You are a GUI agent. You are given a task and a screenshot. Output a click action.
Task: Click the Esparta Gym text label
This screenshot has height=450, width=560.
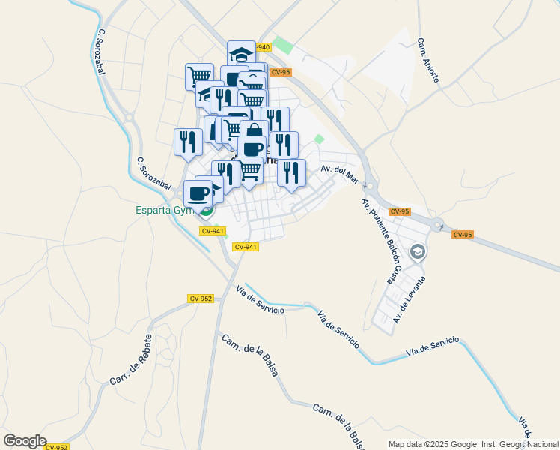tap(164, 210)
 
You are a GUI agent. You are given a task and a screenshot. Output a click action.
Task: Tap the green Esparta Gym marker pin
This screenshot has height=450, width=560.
tap(207, 210)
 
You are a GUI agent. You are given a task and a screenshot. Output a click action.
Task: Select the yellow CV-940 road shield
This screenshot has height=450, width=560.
tap(261, 47)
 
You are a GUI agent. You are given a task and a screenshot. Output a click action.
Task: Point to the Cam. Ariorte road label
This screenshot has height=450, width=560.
tap(428, 58)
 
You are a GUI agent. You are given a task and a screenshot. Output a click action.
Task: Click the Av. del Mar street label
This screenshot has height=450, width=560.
tap(337, 172)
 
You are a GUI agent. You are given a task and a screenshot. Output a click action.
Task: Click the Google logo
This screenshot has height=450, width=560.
tap(25, 441)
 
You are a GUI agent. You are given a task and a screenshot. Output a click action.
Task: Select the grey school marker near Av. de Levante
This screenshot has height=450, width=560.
tap(418, 252)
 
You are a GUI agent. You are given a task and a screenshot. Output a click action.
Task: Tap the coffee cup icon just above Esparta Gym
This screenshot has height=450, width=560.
tap(198, 193)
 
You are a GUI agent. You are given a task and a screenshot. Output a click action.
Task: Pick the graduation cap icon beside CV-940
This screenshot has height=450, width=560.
tap(241, 54)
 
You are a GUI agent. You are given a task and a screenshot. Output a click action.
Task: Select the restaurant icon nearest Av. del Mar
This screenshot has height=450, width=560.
tap(291, 172)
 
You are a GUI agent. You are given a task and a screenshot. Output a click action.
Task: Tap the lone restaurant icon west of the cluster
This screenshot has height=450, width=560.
tap(188, 141)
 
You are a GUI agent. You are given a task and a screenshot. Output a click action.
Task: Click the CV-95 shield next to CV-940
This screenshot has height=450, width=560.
tap(281, 72)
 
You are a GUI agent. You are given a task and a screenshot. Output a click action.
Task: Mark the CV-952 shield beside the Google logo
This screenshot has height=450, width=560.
tap(57, 447)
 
